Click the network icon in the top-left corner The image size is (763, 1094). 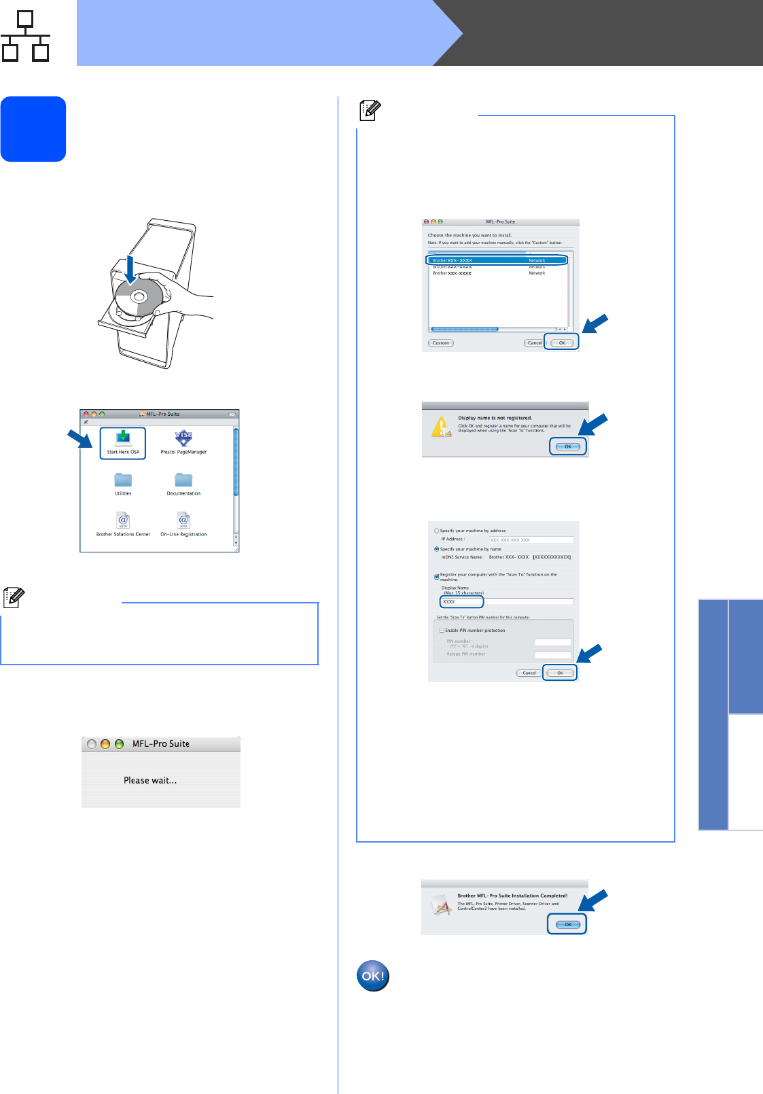point(26,36)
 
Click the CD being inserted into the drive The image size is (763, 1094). point(139,298)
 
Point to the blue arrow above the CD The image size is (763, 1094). point(130,268)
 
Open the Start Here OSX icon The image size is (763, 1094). point(123,442)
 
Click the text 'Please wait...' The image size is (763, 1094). point(150,781)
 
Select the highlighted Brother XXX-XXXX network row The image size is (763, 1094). point(496,260)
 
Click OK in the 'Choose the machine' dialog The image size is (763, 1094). point(562,342)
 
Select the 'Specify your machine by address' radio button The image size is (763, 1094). point(437,531)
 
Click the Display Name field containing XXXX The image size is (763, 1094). point(461,602)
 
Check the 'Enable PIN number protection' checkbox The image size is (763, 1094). point(442,631)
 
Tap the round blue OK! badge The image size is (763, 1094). point(373,976)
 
